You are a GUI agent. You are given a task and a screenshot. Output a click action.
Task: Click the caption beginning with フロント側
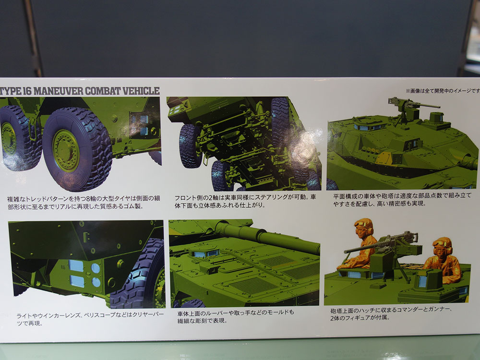point(245,201)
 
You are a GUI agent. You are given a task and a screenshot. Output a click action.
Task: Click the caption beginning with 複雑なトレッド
point(83,202)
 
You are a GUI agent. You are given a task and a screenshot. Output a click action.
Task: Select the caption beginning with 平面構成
point(402,199)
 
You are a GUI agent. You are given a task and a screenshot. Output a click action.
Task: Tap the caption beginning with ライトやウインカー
point(90,319)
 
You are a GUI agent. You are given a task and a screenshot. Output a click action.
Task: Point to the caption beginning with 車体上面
point(236,316)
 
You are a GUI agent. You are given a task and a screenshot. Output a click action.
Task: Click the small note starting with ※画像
point(443,91)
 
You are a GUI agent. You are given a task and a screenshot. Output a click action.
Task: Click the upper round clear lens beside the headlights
point(96,268)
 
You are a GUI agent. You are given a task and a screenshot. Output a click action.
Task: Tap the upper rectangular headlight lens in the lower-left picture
point(76,265)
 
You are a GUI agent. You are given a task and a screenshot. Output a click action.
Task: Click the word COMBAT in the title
point(103,91)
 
